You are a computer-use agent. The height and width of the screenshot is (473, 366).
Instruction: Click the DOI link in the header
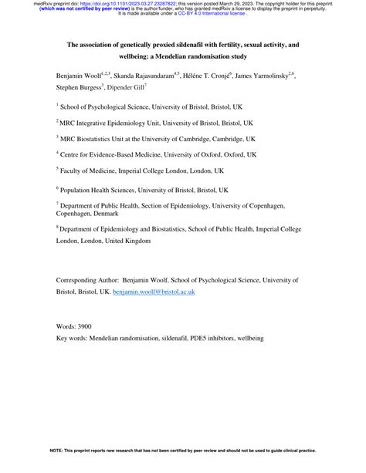[x=117, y=4]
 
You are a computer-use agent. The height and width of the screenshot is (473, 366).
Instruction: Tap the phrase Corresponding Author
[x=86, y=282]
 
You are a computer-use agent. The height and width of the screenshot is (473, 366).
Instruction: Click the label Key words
[x=74, y=338]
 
